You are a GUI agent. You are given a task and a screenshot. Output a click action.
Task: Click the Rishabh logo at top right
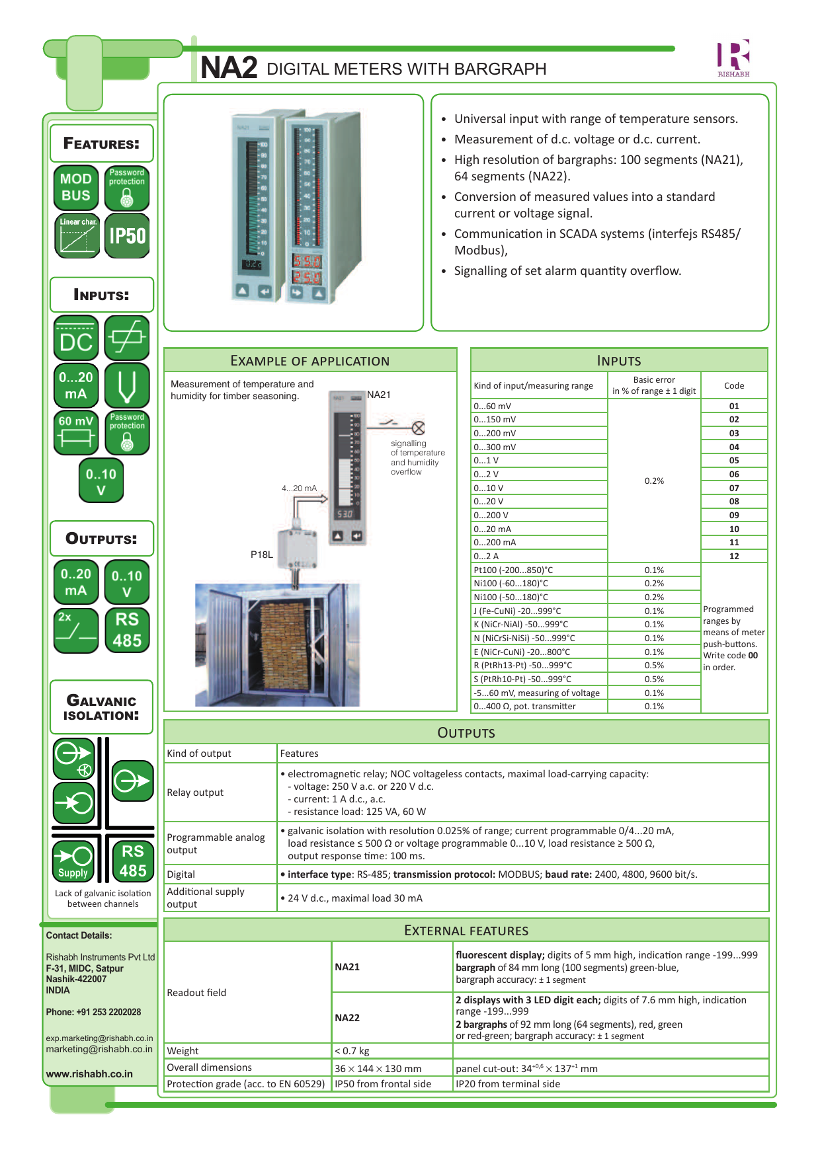[x=733, y=58]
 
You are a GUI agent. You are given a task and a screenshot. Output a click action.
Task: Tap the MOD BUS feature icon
[x=76, y=187]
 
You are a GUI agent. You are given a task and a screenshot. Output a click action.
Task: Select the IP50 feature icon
[x=127, y=235]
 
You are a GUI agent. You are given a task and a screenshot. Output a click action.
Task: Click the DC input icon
[x=76, y=338]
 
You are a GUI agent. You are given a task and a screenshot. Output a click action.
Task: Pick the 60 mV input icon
[x=76, y=432]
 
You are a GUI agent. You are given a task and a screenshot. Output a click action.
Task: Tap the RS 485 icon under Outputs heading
[x=127, y=630]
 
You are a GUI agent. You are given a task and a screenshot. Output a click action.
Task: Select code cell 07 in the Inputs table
[x=734, y=488]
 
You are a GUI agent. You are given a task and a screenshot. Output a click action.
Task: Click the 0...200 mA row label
[x=495, y=542]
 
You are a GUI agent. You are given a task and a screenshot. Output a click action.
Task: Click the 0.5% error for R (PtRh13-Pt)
[x=654, y=665]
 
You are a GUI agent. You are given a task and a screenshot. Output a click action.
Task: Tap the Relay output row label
[x=195, y=793]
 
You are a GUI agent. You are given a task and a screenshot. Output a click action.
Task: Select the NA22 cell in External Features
[x=347, y=1017]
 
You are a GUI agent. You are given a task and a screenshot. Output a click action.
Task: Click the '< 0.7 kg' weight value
[x=352, y=1051]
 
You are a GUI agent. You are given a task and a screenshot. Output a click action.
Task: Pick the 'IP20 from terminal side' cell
[x=507, y=1084]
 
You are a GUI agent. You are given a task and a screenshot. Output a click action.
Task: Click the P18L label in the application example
[x=262, y=555]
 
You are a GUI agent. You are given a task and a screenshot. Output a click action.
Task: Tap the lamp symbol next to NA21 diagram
[x=418, y=428]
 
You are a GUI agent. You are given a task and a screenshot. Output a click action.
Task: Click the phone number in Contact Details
[x=93, y=1012]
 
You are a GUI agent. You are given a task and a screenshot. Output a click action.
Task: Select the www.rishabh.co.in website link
[x=89, y=1074]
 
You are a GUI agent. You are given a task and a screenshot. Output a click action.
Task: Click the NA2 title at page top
[x=228, y=67]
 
